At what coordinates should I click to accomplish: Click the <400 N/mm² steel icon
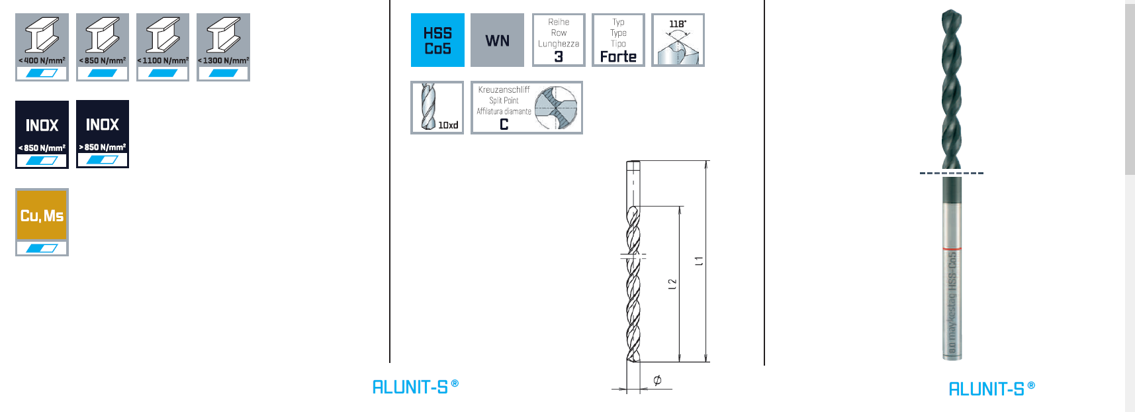tap(42, 46)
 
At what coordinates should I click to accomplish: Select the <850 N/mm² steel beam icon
tap(102, 46)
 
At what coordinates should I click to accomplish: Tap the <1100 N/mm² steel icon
tap(162, 46)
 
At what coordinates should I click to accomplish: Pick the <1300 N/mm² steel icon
tap(223, 46)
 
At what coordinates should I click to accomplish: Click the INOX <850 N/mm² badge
tap(42, 134)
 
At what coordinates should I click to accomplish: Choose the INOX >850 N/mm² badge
tap(102, 134)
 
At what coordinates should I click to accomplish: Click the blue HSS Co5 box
tap(437, 40)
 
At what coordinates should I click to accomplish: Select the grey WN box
tap(497, 40)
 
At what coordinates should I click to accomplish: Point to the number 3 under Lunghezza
tap(559, 57)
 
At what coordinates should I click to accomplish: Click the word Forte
tap(618, 57)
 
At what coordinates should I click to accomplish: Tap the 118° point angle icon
tap(678, 40)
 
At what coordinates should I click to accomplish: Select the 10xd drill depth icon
tap(437, 107)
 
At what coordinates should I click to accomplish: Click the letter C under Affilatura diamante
tap(504, 125)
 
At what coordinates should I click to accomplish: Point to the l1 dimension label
tap(699, 261)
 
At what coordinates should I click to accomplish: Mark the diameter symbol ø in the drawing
tap(657, 380)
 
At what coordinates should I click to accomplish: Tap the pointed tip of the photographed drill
tap(950, 12)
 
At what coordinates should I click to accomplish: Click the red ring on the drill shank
tap(952, 248)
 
